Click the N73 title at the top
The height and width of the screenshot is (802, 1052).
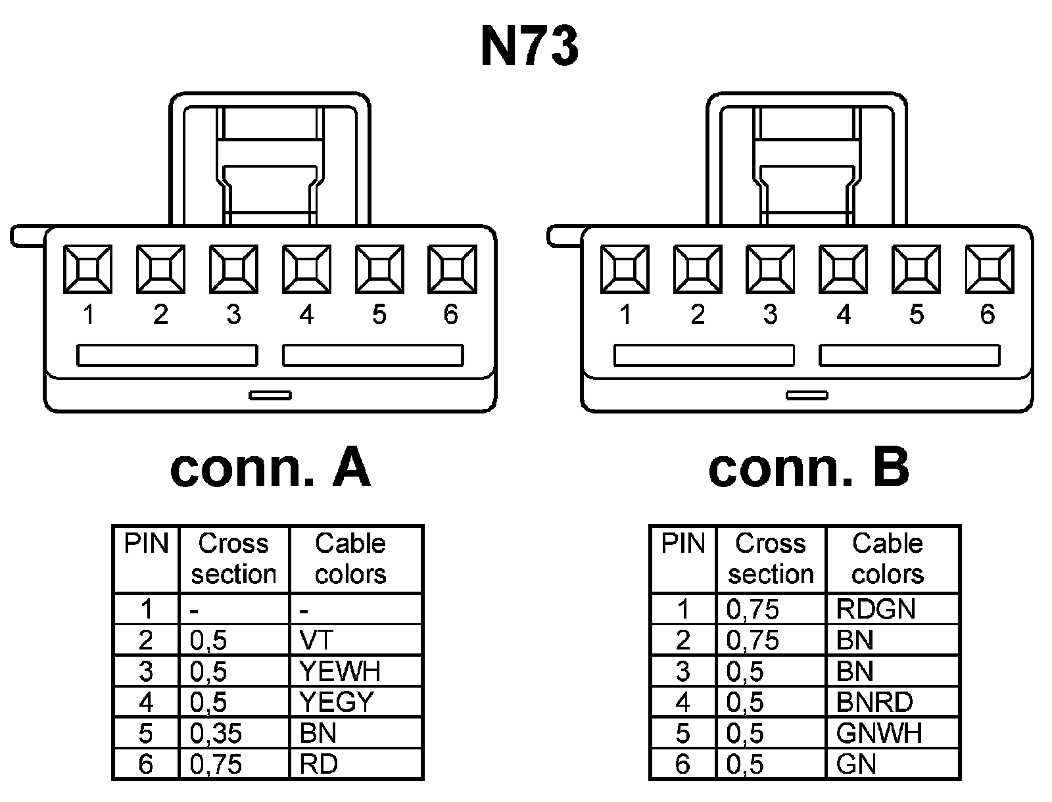530,47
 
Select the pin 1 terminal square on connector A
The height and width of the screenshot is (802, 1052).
87,269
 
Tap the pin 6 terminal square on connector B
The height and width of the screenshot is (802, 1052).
989,269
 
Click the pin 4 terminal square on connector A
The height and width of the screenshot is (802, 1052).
306,269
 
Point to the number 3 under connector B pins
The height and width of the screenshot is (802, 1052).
771,315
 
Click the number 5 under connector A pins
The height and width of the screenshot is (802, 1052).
379,315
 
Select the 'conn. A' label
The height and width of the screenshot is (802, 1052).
270,467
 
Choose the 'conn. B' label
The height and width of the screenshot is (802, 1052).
809,467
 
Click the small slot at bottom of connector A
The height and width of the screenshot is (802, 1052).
270,395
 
